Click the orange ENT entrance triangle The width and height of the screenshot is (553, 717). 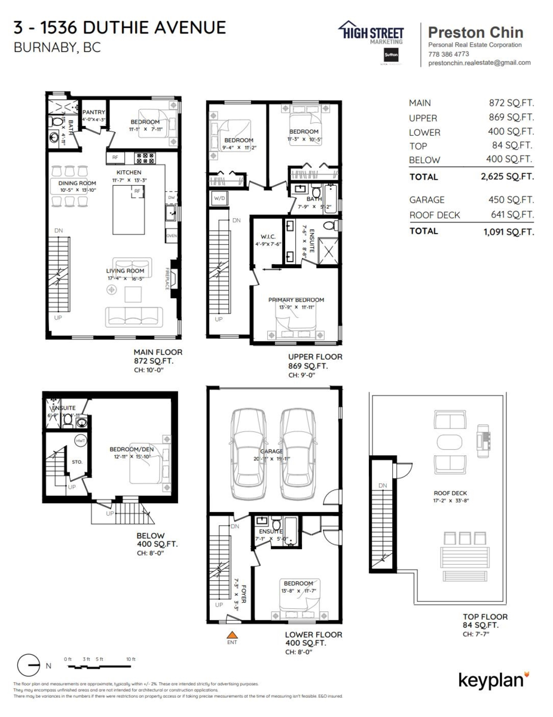[x=232, y=633]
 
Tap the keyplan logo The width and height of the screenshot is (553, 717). [x=493, y=679]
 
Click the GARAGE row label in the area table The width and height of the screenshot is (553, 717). [x=427, y=200]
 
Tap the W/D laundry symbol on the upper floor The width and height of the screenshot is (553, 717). [x=219, y=199]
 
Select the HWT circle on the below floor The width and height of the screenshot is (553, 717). [x=81, y=440]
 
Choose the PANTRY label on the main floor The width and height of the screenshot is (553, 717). [x=94, y=112]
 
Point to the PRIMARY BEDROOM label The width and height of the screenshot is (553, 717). [x=296, y=300]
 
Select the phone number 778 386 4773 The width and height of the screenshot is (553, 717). [x=448, y=54]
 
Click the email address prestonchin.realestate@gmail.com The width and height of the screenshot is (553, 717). [x=479, y=63]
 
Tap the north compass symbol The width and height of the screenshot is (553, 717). [x=29, y=664]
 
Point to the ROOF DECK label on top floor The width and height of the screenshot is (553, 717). [x=446, y=494]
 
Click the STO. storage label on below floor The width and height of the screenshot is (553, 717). [x=76, y=461]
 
